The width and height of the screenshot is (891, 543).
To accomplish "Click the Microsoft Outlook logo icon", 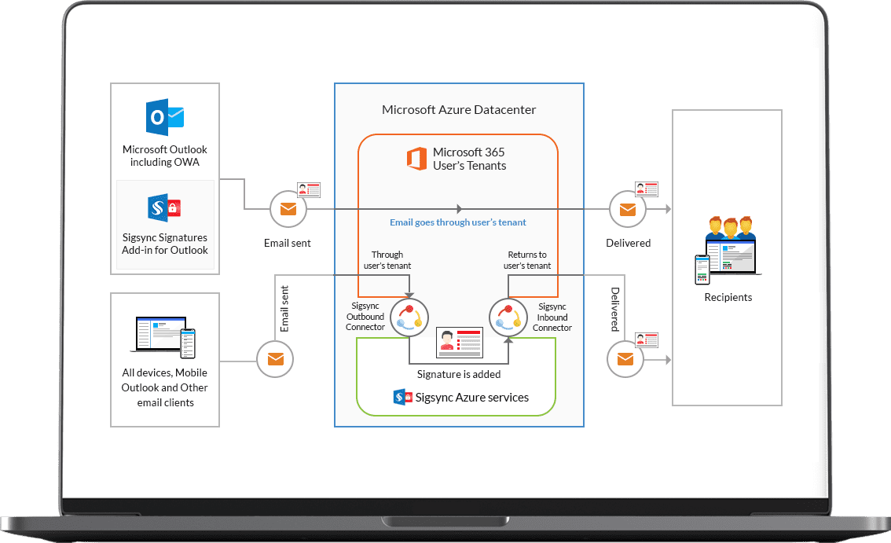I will (165, 118).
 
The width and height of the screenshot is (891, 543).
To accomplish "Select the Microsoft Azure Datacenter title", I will (459, 110).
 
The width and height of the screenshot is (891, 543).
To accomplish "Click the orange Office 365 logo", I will (416, 159).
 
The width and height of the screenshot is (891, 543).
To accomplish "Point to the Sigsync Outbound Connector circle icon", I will (409, 318).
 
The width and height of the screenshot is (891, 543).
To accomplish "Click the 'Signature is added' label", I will (459, 374).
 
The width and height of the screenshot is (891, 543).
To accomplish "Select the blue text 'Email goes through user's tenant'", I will (458, 222).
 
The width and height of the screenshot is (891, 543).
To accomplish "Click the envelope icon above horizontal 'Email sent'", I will (288, 209).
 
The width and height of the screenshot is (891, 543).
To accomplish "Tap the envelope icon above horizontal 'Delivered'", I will (628, 209).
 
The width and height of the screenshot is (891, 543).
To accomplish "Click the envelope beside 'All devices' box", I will (276, 360).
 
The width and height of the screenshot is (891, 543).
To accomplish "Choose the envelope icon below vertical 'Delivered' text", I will (625, 360).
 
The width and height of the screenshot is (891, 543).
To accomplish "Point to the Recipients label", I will (728, 298).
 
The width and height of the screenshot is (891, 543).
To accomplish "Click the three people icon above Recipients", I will (731, 228).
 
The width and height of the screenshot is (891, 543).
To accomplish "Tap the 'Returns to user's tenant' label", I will (527, 260).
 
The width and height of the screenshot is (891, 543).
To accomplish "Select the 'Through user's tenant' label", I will (387, 260).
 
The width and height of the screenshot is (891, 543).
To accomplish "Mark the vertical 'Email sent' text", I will (285, 309).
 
